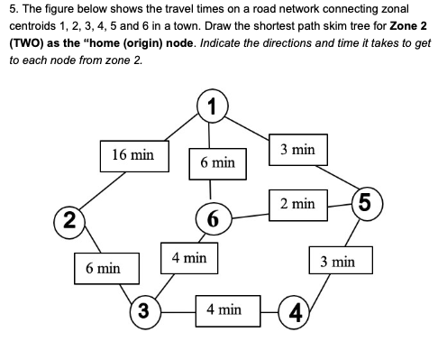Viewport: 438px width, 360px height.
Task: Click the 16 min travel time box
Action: pyautogui.click(x=132, y=155)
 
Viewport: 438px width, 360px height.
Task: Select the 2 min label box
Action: pyautogui.click(x=297, y=206)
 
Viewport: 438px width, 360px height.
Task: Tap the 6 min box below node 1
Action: pyautogui.click(x=217, y=162)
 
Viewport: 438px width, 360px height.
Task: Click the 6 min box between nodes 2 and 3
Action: pyautogui.click(x=104, y=268)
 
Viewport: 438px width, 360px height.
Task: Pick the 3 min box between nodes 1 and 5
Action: pyautogui.click(x=297, y=148)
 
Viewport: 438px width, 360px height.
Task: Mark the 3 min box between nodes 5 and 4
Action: pyautogui.click(x=338, y=263)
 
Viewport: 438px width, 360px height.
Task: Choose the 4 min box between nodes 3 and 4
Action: pyautogui.click(x=224, y=309)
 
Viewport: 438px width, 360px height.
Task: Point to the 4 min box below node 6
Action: pyautogui.click(x=188, y=258)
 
